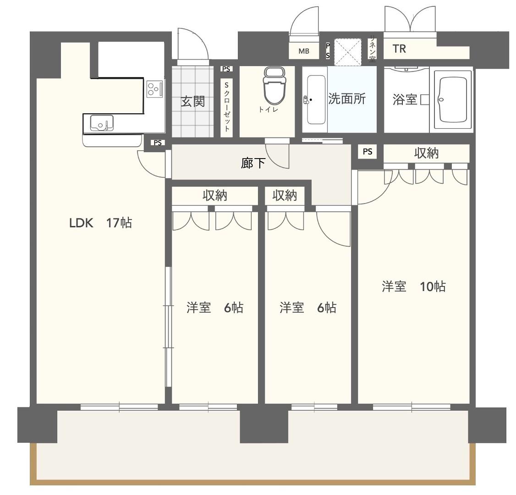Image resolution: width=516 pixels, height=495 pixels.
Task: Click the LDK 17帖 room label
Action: point(100,223)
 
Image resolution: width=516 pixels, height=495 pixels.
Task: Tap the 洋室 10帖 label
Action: point(413,287)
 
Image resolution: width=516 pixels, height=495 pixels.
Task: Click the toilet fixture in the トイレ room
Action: point(274,88)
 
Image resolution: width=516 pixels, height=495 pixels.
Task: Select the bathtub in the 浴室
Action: point(453,99)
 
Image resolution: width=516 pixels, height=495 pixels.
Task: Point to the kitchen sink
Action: point(101,123)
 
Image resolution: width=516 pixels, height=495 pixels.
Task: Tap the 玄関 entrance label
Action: point(192,102)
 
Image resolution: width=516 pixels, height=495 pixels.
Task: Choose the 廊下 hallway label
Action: point(253,163)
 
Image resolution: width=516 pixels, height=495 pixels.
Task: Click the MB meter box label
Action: point(304,51)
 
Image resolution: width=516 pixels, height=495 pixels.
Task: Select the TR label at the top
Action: point(399,49)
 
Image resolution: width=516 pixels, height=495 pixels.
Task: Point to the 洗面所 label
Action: point(347,99)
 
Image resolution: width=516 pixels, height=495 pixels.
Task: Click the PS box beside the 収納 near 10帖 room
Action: point(368,152)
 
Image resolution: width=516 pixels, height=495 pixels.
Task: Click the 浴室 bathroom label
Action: point(405,99)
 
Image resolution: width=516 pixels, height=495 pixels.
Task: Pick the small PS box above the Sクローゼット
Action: point(226,69)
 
